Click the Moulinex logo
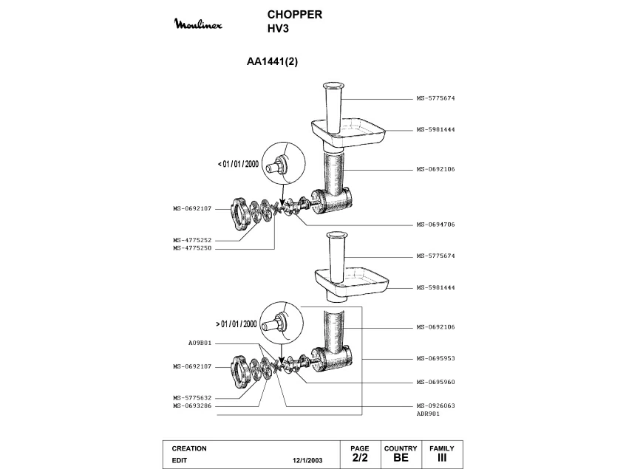198,24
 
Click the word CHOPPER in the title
295,14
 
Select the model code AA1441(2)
272,61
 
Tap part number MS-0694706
435,225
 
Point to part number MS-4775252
192,240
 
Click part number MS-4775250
192,248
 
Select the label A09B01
200,343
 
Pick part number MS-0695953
435,358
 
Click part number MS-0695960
435,382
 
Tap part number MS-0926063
435,405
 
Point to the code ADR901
428,414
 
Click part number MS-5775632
192,398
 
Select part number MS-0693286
192,406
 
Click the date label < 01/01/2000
238,164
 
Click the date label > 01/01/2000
237,323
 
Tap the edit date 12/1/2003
307,460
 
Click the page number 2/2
360,457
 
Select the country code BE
401,457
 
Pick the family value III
441,457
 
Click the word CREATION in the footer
189,448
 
